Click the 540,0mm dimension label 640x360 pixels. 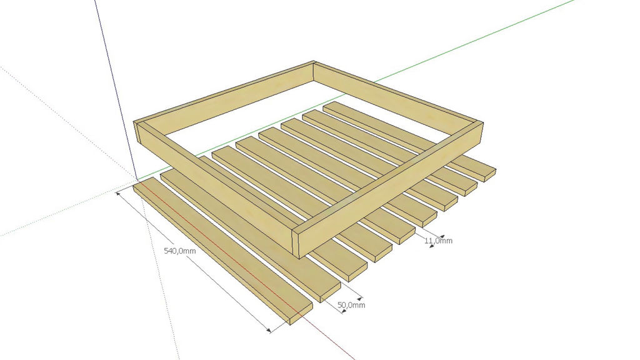(179, 251)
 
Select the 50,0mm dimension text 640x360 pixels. (351, 305)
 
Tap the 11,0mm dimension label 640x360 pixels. (438, 241)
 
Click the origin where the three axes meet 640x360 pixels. (137, 179)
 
